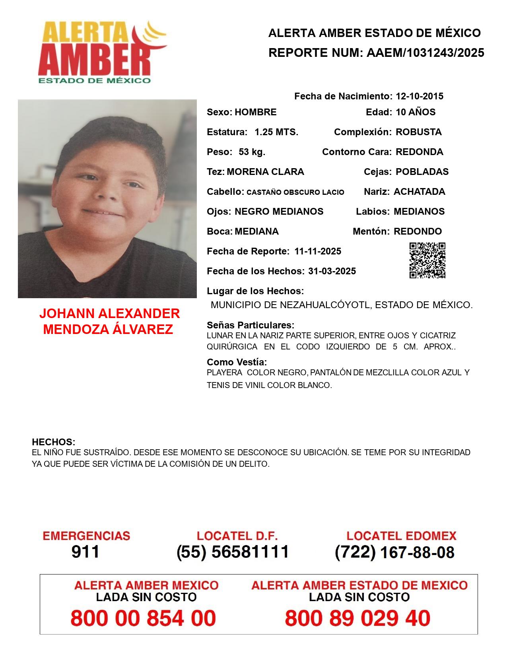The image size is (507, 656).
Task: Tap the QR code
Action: click(x=427, y=260)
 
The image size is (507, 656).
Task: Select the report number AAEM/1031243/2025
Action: click(x=425, y=52)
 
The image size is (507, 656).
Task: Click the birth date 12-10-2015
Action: click(x=420, y=96)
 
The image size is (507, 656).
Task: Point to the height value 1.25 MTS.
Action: click(x=276, y=132)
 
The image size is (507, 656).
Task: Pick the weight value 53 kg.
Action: click(x=252, y=152)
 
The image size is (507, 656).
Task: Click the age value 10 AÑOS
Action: click(x=416, y=112)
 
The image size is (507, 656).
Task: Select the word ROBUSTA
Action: click(x=418, y=132)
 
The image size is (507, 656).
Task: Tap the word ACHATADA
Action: click(x=419, y=192)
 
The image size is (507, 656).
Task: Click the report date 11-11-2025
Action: click(x=318, y=251)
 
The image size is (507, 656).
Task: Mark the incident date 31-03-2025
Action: click(x=332, y=271)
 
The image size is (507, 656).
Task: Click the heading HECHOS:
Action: click(x=54, y=442)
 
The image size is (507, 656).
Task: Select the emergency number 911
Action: click(x=85, y=552)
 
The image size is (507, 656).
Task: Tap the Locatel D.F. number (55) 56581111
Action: click(x=233, y=552)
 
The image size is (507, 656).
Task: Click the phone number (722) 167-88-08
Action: click(x=394, y=552)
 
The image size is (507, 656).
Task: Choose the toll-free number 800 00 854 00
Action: click(x=143, y=619)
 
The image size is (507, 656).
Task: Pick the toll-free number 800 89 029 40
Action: click(x=357, y=619)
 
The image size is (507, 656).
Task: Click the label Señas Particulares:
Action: click(x=251, y=325)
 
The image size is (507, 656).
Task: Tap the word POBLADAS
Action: click(x=422, y=172)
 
